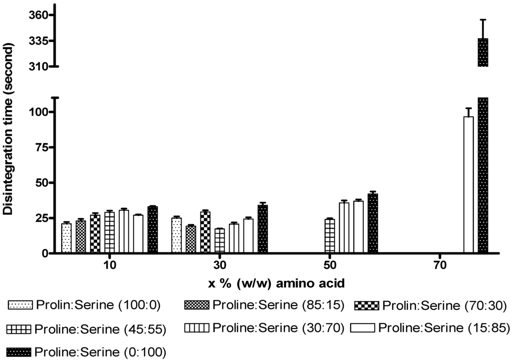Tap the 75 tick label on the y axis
pos(37,147)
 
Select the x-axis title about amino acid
pos(277,284)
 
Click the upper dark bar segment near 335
pos(482,52)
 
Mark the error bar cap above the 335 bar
pos(482,20)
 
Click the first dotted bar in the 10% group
pos(66,238)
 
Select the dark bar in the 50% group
pos(372,224)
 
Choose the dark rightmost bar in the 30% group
pos(263,229)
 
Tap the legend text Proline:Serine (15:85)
pos(444,328)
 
